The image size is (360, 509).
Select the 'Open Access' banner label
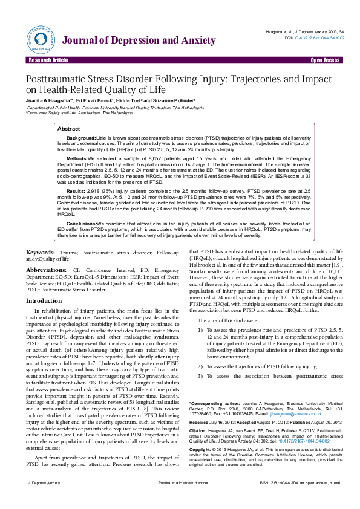click(325, 61)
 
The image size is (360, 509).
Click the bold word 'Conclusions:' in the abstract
click(81, 223)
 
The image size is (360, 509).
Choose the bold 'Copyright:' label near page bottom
click(201, 450)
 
